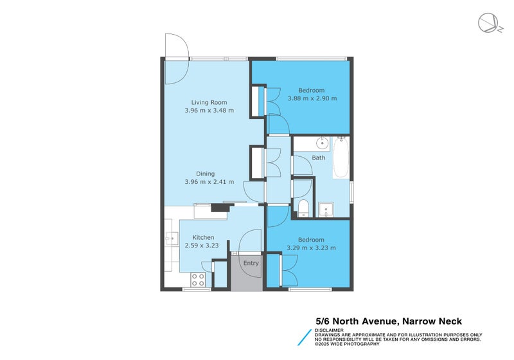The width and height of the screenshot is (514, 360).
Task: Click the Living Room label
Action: coord(209,102)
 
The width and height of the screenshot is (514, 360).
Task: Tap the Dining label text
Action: coord(206,174)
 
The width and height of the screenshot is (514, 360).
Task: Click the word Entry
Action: coord(251,263)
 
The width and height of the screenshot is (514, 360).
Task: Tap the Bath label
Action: coord(319,157)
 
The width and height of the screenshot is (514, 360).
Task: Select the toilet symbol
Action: coord(303,208)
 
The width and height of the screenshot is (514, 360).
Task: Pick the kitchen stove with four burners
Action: coord(198,279)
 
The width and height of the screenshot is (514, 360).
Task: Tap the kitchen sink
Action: coord(171,239)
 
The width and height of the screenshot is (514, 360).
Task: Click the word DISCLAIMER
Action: coord(329,330)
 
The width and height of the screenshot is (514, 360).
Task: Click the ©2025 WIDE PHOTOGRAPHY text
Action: coord(352,344)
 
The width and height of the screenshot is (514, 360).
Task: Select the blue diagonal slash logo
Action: coord(303,337)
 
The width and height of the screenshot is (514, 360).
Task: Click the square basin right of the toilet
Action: coord(326,208)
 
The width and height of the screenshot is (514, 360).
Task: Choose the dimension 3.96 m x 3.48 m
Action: coord(209,111)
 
